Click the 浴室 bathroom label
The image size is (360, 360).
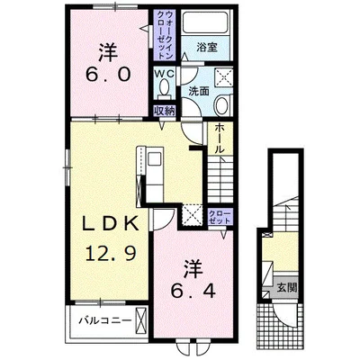point(207,47)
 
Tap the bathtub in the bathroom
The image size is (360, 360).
point(205,22)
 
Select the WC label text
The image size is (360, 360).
point(164,74)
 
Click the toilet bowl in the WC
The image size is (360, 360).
point(164,87)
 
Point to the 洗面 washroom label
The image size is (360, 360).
point(199,92)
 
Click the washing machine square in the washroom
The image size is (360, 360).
point(223,77)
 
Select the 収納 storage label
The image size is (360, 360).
point(164,111)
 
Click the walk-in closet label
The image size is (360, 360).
point(165,34)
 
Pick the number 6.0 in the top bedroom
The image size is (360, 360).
point(108,74)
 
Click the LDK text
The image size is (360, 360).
point(111,224)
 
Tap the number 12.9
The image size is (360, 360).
point(112,253)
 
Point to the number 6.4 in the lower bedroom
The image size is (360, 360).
point(193,291)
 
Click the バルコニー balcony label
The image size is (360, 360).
point(105,320)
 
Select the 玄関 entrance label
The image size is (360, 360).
point(286,288)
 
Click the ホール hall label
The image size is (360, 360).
point(220,139)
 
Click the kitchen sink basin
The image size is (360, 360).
point(155,158)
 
